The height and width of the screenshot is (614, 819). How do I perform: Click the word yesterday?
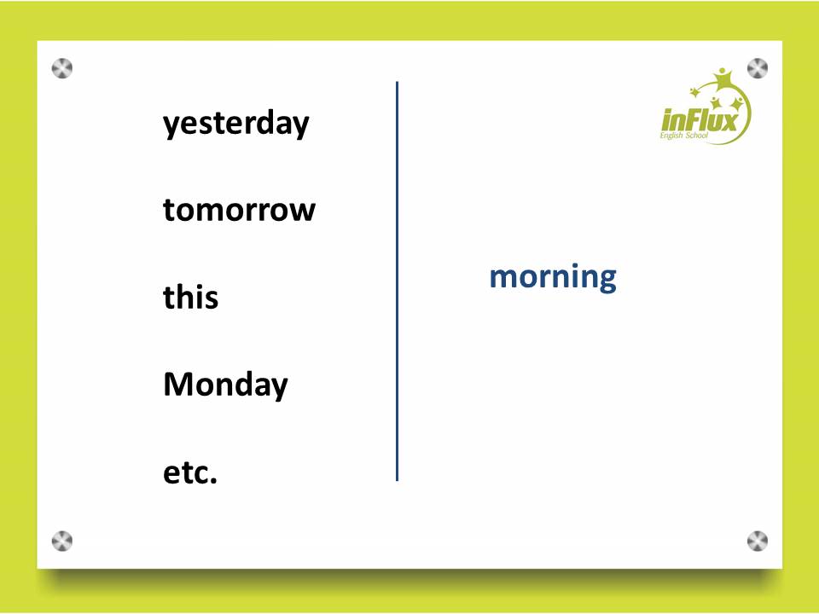coord(236,125)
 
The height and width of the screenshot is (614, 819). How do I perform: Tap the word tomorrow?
coord(239,210)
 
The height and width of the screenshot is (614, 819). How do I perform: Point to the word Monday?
coord(225,385)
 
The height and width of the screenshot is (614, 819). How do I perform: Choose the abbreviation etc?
coord(190,472)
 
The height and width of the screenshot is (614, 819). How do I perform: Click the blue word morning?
coord(553,277)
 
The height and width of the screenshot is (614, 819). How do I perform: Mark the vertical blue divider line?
coord(397,281)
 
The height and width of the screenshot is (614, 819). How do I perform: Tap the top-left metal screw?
coord(62,68)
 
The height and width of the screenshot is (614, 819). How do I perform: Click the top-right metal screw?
coord(758,68)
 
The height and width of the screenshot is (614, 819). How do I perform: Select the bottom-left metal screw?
coord(62,542)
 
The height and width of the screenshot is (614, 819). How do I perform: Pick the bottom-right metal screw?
coord(758,542)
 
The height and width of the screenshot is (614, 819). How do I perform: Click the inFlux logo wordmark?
coord(700,120)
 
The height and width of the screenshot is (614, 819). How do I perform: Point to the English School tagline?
coord(683,136)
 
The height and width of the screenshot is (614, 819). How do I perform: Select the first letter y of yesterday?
coord(171,127)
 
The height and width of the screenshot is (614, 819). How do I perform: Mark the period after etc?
coord(213,481)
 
